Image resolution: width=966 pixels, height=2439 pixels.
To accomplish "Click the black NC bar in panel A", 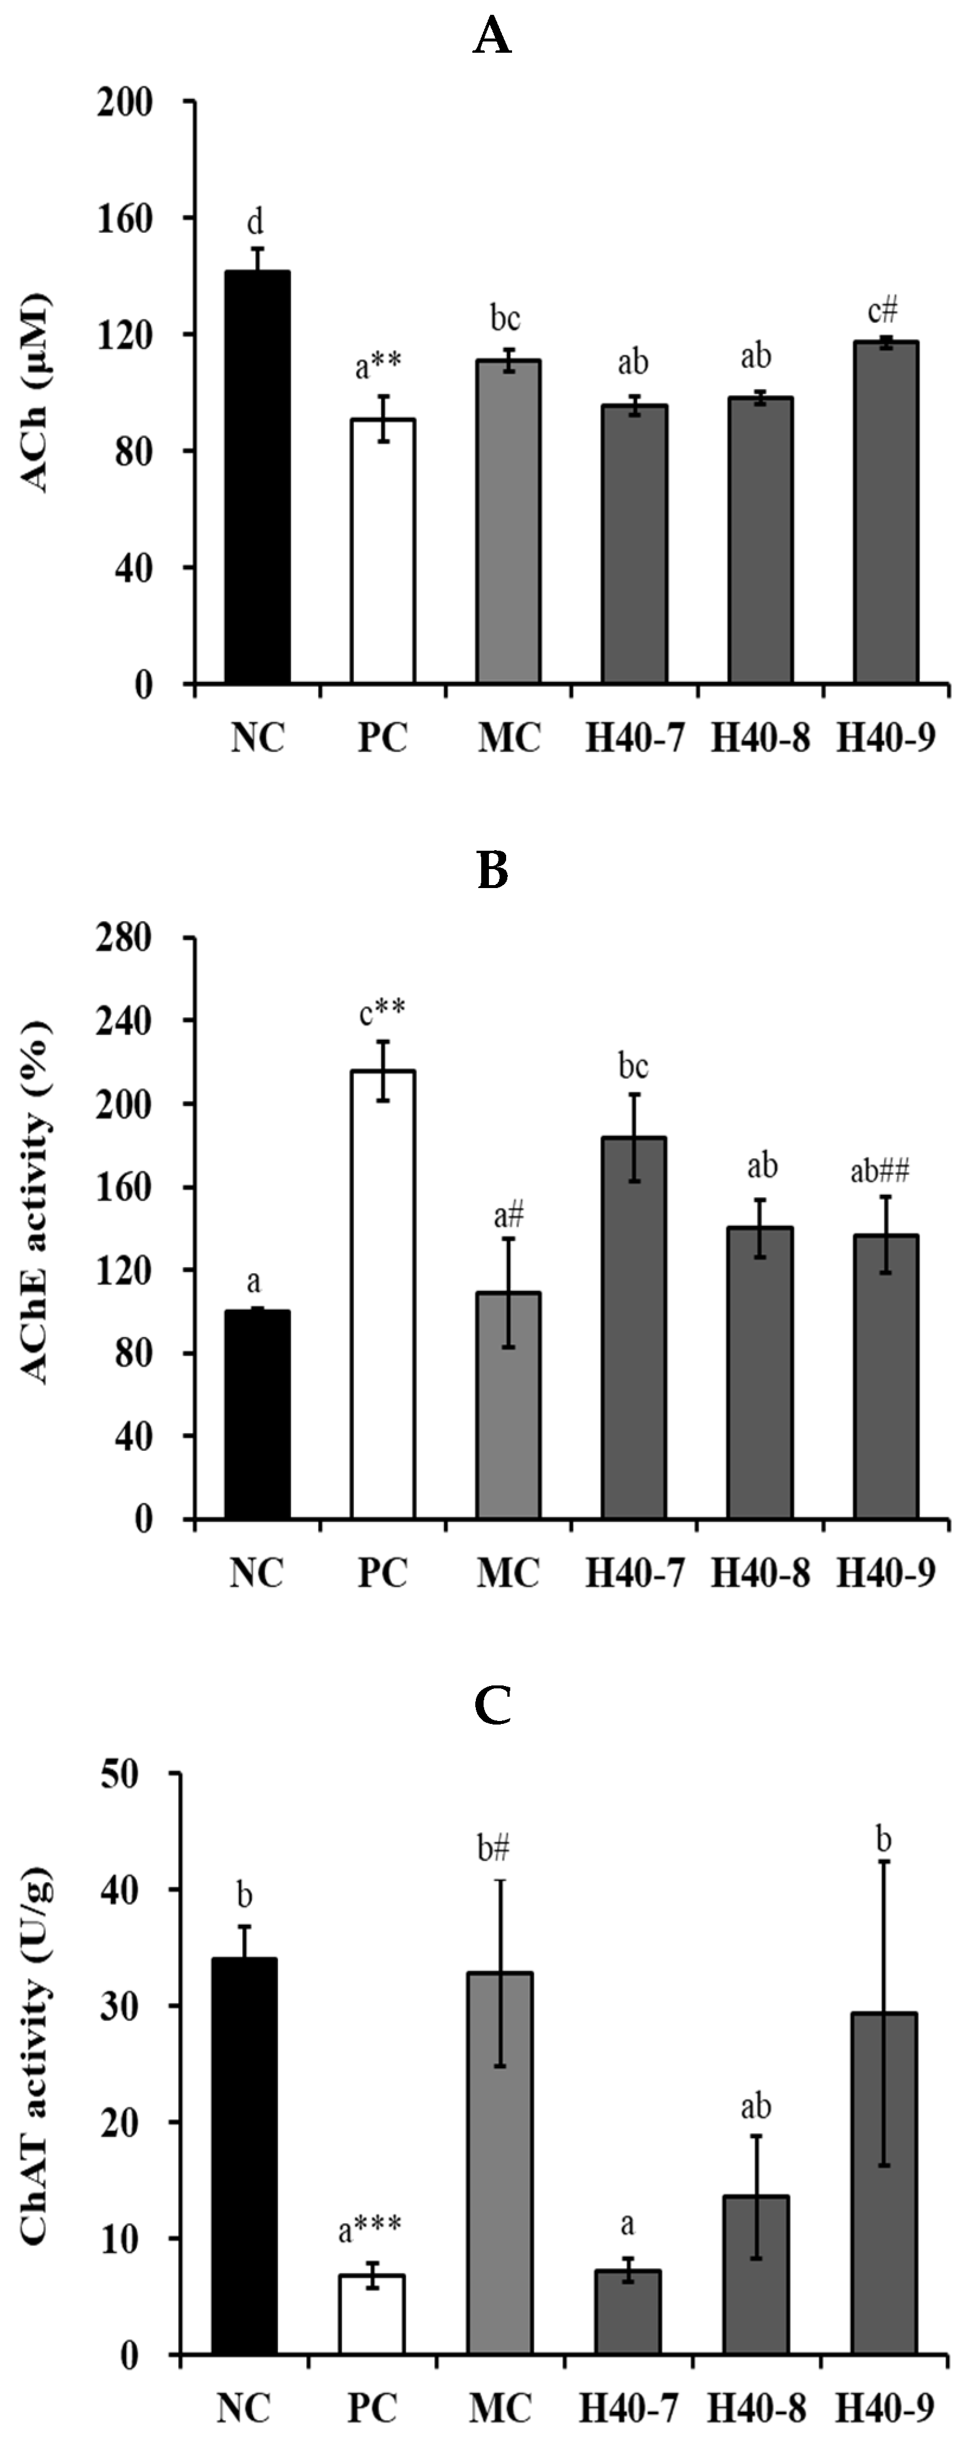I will coord(257,477).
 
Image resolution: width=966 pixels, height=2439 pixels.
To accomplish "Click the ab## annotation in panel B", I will coord(880,1172).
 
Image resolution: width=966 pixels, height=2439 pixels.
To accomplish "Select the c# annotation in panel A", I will coord(876,310).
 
